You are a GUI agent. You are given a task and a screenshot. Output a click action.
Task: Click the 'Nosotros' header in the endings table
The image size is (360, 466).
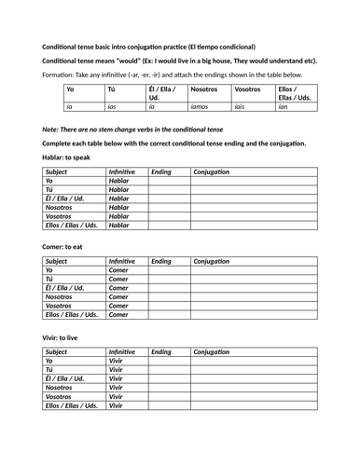(206, 90)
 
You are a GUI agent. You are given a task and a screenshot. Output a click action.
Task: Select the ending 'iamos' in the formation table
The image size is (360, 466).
(201, 107)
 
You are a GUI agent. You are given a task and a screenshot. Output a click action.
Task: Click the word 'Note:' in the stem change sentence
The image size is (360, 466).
(53, 127)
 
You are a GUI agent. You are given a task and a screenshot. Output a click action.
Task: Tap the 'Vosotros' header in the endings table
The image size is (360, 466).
(248, 90)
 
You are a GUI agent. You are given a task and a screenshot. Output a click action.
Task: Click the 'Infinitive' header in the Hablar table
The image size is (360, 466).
(121, 172)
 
